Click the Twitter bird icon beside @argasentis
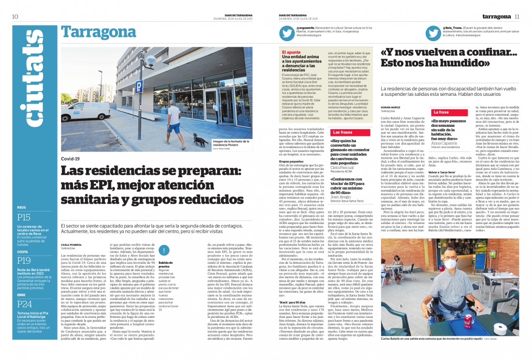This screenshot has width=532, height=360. click(286, 33)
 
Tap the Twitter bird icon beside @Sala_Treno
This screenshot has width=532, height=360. click(433, 33)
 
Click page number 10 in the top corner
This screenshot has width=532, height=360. click(15, 16)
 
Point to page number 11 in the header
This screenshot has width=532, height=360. click(517, 16)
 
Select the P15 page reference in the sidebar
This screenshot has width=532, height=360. click(24, 217)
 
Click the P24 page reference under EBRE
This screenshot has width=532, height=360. click(24, 304)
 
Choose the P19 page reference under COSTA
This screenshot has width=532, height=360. click(24, 260)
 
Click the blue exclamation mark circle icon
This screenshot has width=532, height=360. click(165, 250)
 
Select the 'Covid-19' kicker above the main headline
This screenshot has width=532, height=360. click(71, 159)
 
